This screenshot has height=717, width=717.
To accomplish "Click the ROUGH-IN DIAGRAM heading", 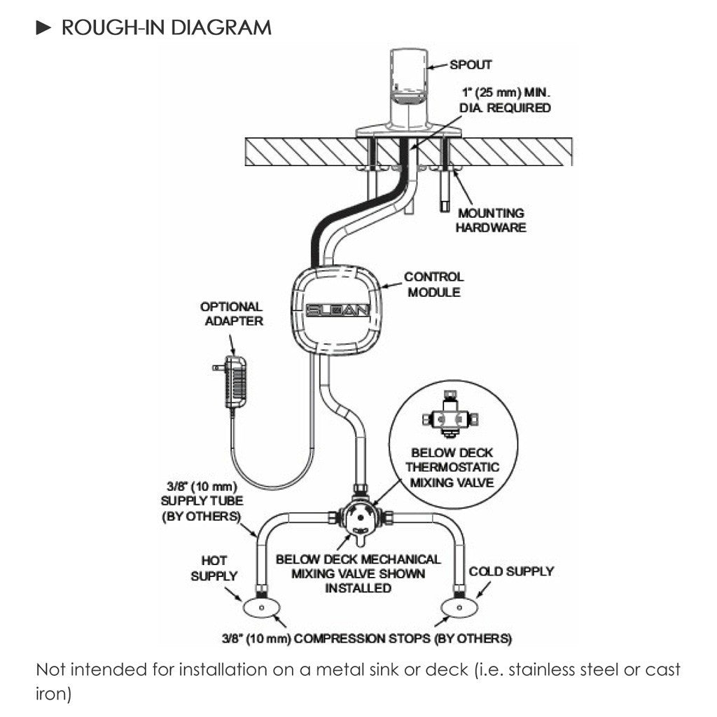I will [x=166, y=28].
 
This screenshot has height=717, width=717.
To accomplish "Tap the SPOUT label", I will [x=471, y=65].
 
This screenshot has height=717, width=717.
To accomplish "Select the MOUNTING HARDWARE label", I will [x=491, y=220].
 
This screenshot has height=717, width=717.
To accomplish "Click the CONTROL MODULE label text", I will [x=433, y=284].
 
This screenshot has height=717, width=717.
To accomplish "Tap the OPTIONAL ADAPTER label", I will [x=231, y=314].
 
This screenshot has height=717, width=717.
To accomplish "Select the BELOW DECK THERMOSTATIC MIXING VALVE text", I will [x=455, y=468].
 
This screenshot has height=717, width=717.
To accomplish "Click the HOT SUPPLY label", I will [x=214, y=568].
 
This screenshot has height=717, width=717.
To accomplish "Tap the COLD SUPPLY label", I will [x=511, y=571].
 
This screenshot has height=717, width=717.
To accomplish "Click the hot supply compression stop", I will [x=262, y=608].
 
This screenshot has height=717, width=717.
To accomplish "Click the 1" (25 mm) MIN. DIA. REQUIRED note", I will [x=506, y=100].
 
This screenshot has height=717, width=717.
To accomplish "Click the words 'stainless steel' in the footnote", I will [x=561, y=670].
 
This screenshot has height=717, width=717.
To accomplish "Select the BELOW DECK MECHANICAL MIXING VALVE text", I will [x=358, y=573].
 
